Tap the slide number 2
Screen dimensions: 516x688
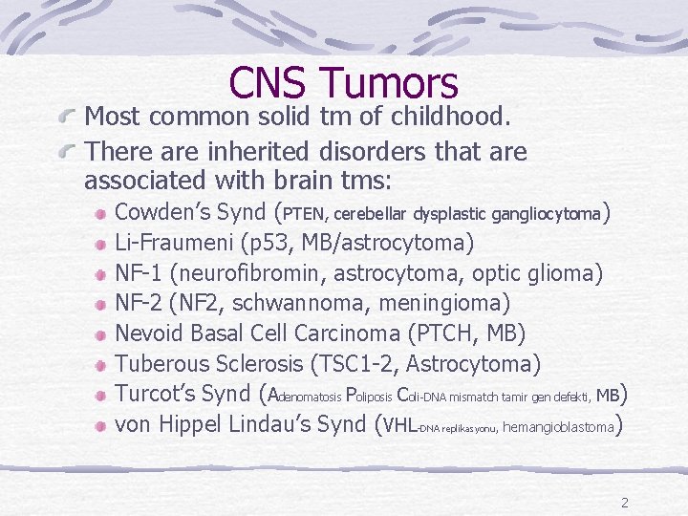point(624,503)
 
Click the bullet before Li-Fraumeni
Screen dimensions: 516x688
point(100,244)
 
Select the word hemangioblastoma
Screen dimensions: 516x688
point(558,427)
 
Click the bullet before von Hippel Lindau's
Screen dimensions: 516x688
point(100,425)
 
